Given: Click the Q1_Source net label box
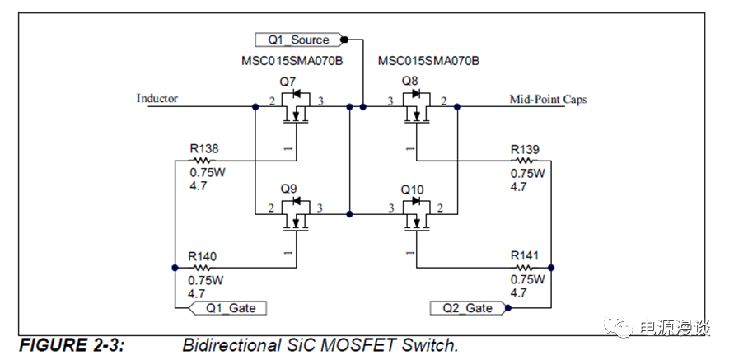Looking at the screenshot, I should [x=299, y=40].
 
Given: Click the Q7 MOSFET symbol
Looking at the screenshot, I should [x=296, y=106].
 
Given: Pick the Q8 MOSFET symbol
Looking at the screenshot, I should [x=416, y=106].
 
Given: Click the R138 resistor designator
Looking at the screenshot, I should [x=204, y=149].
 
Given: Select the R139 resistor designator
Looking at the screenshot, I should [x=525, y=149].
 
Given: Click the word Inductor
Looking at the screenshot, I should [x=157, y=99].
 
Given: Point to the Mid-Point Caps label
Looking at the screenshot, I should [x=549, y=100].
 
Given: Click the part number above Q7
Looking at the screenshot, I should [x=292, y=62].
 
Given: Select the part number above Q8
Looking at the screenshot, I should [x=428, y=62].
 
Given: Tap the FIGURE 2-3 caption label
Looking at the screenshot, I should [x=71, y=344].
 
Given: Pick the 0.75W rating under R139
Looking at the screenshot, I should [x=528, y=174].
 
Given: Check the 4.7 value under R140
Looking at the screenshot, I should [x=198, y=293].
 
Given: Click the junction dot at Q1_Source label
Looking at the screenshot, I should [x=344, y=40].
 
